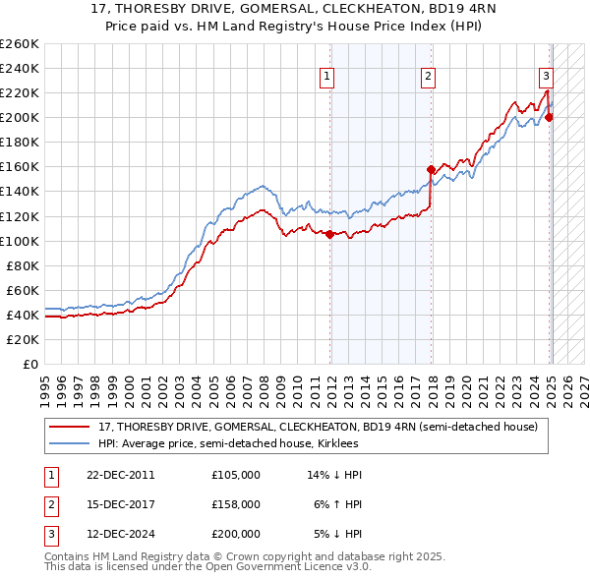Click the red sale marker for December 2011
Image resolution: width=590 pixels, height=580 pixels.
[x=329, y=234]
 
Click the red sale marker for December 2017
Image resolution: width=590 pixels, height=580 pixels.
[x=431, y=169]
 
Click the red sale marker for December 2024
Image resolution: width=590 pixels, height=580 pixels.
[x=549, y=117]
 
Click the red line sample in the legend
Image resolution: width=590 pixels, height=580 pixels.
[x=70, y=428]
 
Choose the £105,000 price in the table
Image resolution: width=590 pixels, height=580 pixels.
[x=236, y=475]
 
